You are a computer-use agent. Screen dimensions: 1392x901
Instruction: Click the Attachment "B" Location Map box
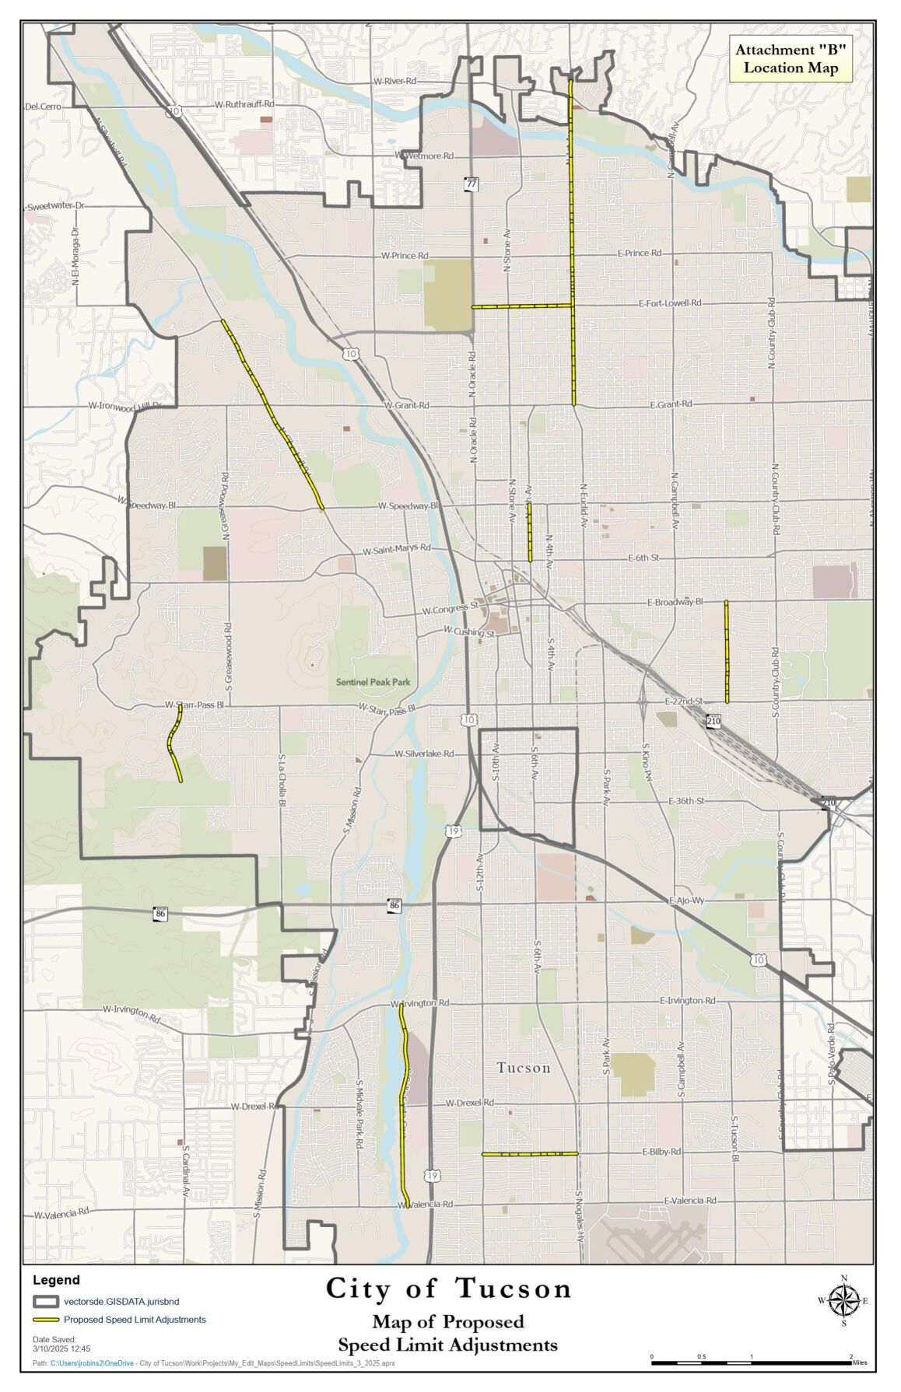point(790,58)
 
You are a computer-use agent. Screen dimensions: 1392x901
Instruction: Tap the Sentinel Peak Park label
point(373,682)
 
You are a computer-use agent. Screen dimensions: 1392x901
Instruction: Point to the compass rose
point(843,1300)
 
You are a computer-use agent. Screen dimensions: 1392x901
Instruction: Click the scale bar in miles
point(751,1362)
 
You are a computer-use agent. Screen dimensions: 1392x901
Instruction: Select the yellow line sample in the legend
point(46,1320)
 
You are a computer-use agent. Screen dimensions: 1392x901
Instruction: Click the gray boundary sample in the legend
point(46,1301)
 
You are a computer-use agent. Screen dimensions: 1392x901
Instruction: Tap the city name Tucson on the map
point(524,1068)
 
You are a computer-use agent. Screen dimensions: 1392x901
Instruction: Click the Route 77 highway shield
point(472,184)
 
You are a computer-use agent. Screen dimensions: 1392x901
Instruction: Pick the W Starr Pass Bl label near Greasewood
point(194,705)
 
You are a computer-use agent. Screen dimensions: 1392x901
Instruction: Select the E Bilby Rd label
point(661,1152)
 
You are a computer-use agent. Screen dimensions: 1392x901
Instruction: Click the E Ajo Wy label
point(686,900)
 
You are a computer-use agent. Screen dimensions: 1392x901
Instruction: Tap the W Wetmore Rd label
point(424,156)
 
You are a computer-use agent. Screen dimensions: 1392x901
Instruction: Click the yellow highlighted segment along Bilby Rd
point(529,1154)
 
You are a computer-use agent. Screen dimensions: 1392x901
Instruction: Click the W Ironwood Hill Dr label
point(124,406)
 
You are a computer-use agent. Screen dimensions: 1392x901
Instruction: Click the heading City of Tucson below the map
point(448,1289)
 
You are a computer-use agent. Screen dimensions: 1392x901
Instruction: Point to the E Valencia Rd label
point(689,1201)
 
